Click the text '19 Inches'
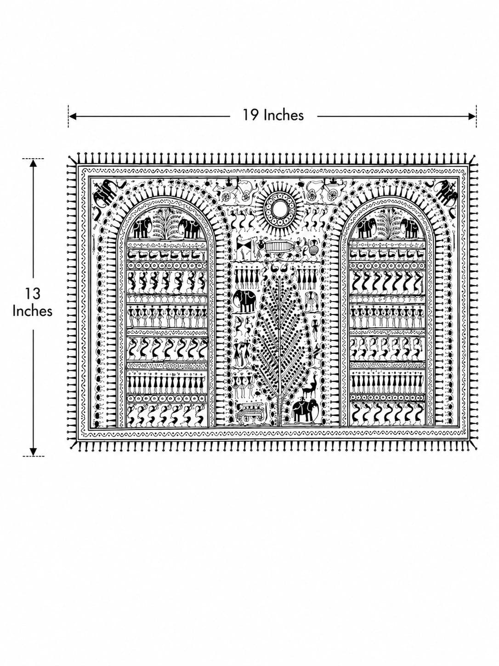coord(272,115)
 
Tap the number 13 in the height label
coord(33,294)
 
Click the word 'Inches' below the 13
coord(33,311)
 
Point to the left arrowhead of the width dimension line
coord(73,116)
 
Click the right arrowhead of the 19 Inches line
coord(472,116)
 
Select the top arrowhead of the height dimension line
coord(33,163)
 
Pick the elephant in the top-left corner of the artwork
coord(104,192)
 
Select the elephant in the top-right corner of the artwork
coord(446,192)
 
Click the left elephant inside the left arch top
coord(142,228)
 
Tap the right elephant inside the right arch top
coord(410,228)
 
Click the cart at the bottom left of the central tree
coord(250,413)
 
